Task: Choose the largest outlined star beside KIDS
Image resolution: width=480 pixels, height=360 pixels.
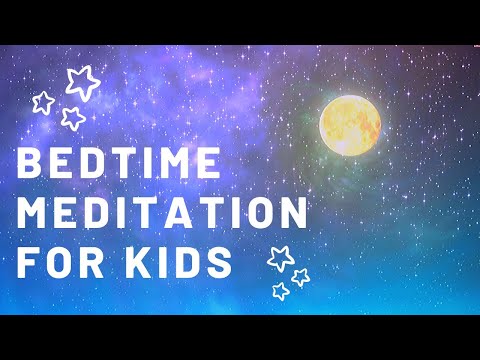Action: click(x=279, y=258)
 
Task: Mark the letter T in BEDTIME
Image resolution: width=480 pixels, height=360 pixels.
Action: click(x=136, y=166)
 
